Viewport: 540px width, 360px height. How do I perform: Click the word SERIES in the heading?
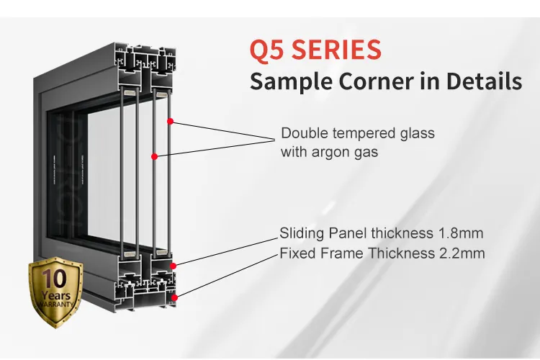336,50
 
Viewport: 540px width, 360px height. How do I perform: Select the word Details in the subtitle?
483,81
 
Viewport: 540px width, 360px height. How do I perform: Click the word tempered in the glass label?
353,134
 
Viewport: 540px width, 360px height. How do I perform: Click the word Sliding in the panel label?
301,233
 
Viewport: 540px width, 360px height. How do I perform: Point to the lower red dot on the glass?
153,156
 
